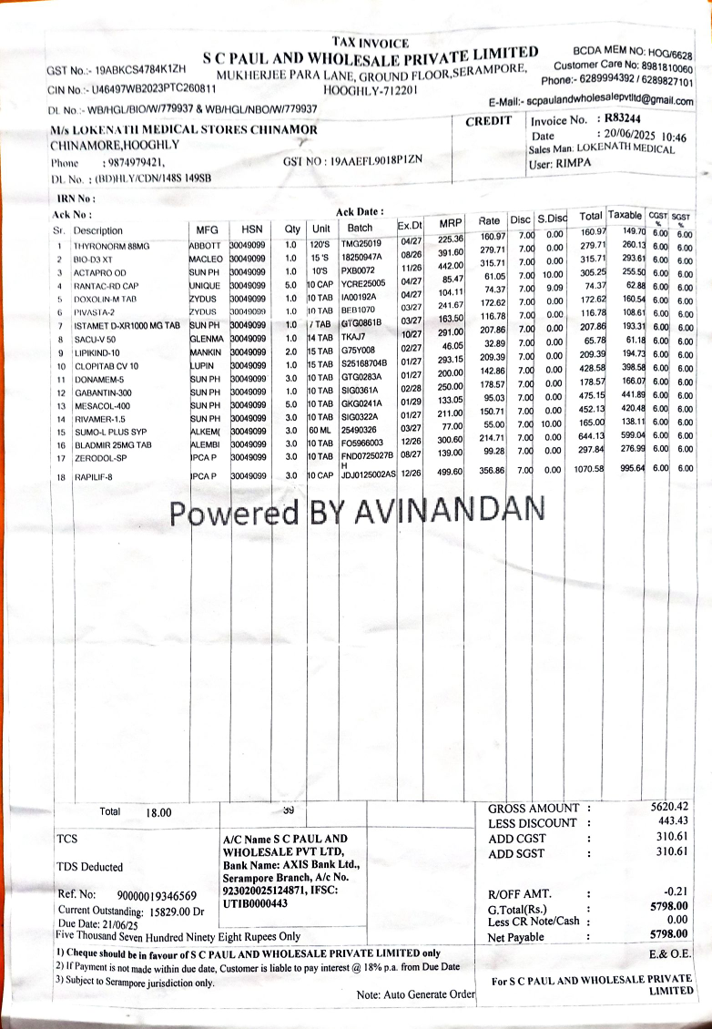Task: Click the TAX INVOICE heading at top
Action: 371,42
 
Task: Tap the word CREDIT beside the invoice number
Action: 489,122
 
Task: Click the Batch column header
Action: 361,229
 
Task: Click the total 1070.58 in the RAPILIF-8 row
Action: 588,470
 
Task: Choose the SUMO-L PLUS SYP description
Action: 105,431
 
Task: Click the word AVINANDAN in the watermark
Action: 447,513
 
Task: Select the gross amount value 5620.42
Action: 669,807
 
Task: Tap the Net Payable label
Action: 515,937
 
